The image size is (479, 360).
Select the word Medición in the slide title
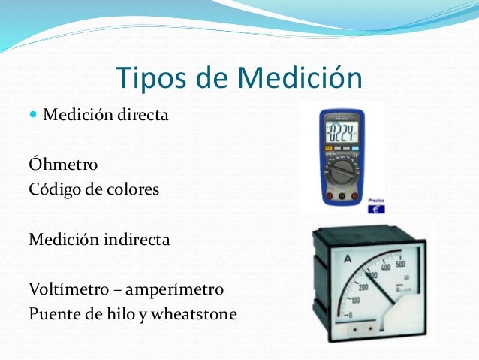[301, 78]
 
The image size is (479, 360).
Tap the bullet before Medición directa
[33, 116]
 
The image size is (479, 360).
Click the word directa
[142, 116]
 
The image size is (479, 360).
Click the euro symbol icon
[376, 210]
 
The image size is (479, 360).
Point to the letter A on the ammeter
[348, 259]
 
